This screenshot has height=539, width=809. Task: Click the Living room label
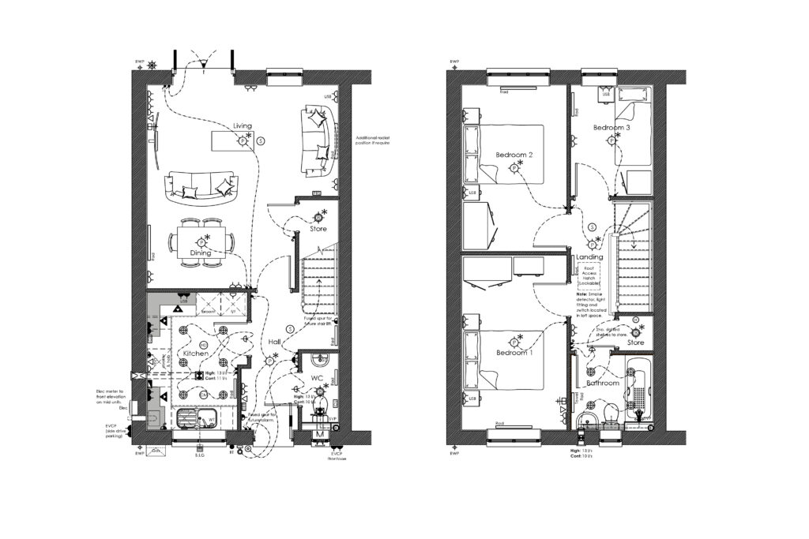[242, 126]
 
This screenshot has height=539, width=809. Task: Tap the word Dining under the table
[200, 253]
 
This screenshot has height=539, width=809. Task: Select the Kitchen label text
[196, 354]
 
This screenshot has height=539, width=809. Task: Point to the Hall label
[274, 342]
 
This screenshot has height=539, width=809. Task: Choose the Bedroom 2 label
[514, 155]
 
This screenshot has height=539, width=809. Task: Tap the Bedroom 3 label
[611, 128]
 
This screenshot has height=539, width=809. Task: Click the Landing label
[589, 257]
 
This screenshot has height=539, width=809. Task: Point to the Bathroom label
[604, 383]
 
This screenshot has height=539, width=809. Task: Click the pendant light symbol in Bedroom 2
[514, 167]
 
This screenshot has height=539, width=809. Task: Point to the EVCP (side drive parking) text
[115, 430]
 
